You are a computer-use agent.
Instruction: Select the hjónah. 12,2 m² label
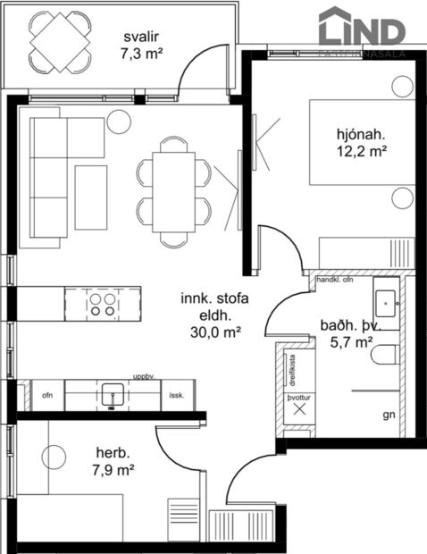click(361, 143)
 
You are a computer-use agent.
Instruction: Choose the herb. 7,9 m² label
click(113, 461)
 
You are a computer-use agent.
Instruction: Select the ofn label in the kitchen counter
click(46, 394)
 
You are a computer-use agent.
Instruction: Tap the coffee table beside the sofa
click(90, 196)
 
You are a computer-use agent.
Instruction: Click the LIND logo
click(362, 29)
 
